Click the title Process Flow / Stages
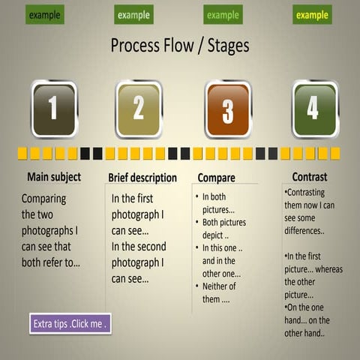(179, 46)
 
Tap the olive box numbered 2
(139, 109)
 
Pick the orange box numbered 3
(227, 109)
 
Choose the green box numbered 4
(313, 109)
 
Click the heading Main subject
(54, 178)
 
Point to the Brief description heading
(142, 178)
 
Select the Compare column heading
(217, 178)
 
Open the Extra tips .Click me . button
(70, 324)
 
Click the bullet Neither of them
(220, 292)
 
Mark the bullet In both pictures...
(220, 202)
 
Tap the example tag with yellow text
(312, 14)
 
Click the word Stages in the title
(224, 46)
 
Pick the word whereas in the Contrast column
(327, 268)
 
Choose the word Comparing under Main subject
(44, 199)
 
